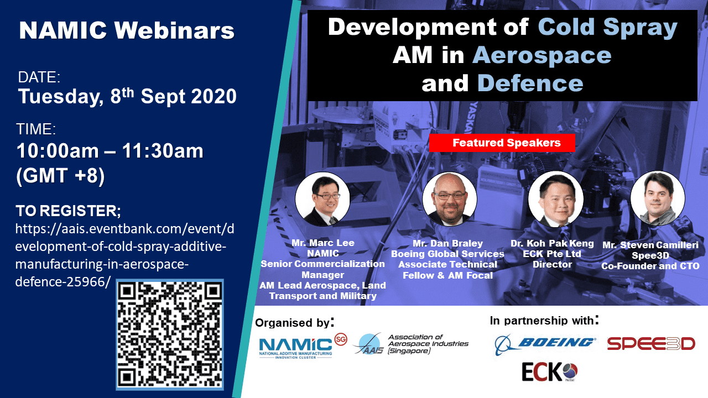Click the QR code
pyautogui.click(x=170, y=334)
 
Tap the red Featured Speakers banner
pyautogui.click(x=502, y=143)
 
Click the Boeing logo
pyautogui.click(x=544, y=345)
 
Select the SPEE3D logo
pyautogui.click(x=651, y=344)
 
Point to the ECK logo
pyautogui.click(x=550, y=372)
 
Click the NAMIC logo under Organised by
pyautogui.click(x=295, y=348)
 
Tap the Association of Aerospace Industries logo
pyautogui.click(x=411, y=344)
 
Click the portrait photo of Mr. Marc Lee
pyautogui.click(x=322, y=199)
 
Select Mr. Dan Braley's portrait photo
pyautogui.click(x=450, y=200)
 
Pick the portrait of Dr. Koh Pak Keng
pyautogui.click(x=556, y=199)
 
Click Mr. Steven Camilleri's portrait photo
pyautogui.click(x=658, y=198)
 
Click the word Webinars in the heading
pyautogui.click(x=174, y=30)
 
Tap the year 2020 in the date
pyautogui.click(x=214, y=96)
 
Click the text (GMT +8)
pyautogui.click(x=60, y=175)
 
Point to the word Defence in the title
pyautogui.click(x=530, y=83)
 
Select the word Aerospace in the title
pyautogui.click(x=542, y=55)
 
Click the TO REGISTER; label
pyautogui.click(x=68, y=211)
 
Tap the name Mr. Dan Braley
pyautogui.click(x=448, y=243)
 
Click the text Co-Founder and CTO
pyautogui.click(x=650, y=266)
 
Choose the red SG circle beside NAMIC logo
pyautogui.click(x=341, y=339)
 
